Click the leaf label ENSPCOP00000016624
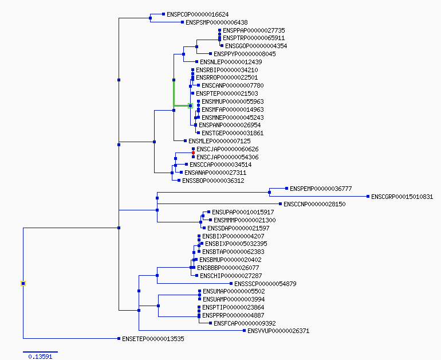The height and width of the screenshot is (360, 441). click(x=198, y=14)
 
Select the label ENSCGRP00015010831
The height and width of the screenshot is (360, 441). click(x=402, y=197)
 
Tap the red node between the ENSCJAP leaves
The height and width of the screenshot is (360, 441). click(x=193, y=153)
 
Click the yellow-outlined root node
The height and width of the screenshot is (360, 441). click(x=23, y=283)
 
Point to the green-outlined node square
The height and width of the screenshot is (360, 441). click(x=190, y=106)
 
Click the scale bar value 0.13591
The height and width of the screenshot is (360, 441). click(x=40, y=357)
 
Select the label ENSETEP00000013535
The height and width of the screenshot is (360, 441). click(x=153, y=339)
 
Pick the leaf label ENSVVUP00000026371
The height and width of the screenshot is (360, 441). click(x=278, y=331)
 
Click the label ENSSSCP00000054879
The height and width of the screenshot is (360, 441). click(x=265, y=284)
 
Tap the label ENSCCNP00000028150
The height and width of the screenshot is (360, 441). click(x=314, y=204)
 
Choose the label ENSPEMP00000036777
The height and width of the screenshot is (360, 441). click(x=321, y=189)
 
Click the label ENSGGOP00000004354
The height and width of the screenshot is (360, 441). click(x=256, y=46)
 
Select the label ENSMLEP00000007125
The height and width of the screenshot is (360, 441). click(x=219, y=141)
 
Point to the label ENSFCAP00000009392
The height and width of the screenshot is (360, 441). click(x=245, y=323)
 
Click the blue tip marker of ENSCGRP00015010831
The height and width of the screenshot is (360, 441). click(x=368, y=197)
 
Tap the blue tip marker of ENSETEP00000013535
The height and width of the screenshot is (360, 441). click(x=119, y=339)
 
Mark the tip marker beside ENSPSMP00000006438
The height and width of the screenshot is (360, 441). click(x=183, y=22)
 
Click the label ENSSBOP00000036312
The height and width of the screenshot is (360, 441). click(x=213, y=181)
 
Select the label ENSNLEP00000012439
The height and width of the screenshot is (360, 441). click(x=231, y=62)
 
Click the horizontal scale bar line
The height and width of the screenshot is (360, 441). click(x=40, y=352)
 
